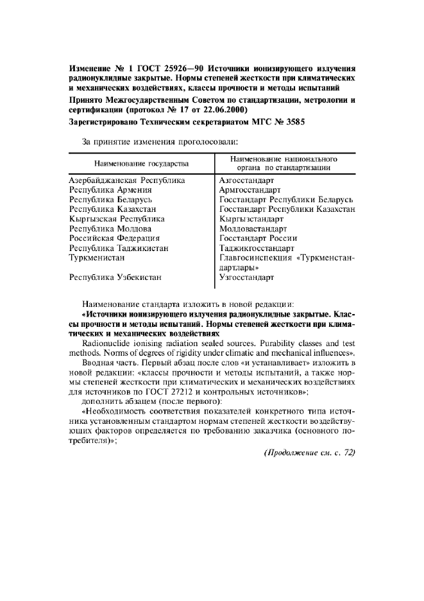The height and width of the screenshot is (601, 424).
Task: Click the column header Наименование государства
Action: click(x=142, y=164)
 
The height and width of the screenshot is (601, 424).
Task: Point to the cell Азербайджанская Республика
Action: click(x=127, y=181)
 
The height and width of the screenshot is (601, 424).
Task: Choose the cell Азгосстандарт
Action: click(x=246, y=181)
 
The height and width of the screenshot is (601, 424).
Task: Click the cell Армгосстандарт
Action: click(x=250, y=191)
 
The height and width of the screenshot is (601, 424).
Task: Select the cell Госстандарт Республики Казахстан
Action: click(x=287, y=209)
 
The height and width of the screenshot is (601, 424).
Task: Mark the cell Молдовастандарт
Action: click(x=253, y=229)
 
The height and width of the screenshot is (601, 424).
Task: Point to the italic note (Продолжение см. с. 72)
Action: click(x=309, y=453)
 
